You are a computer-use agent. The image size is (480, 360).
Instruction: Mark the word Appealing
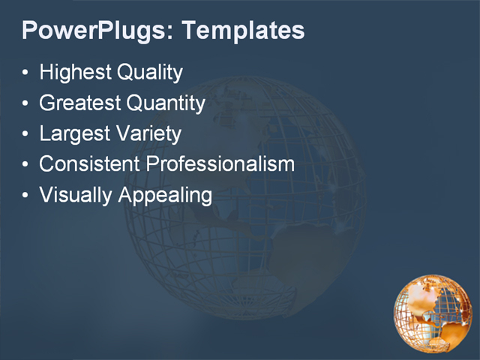[163, 196]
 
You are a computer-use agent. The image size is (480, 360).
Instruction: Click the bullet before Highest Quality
[26, 73]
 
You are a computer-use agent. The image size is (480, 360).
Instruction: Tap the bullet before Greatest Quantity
[26, 104]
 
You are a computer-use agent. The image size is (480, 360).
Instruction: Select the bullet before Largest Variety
[26, 135]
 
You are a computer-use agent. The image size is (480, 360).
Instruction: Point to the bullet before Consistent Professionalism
[26, 165]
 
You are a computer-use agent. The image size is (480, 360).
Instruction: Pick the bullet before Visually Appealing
[26, 196]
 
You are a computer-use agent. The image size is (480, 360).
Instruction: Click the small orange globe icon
[433, 313]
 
